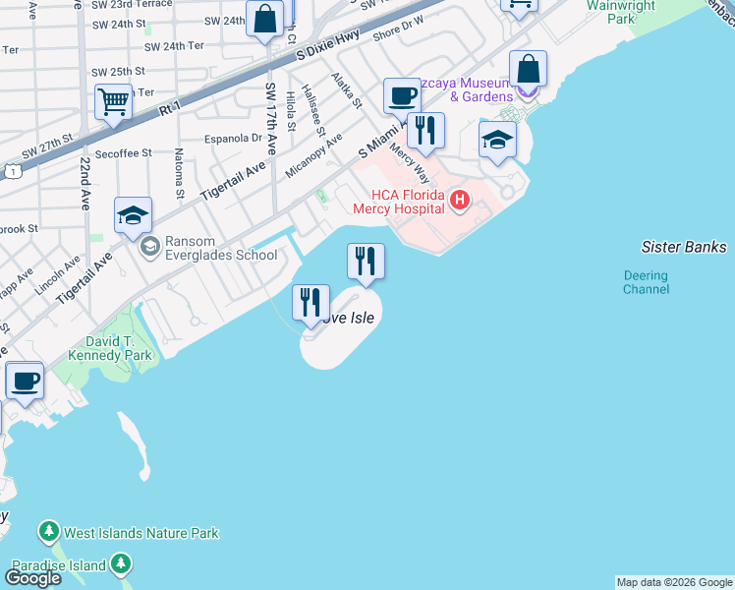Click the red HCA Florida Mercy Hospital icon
pyautogui.click(x=459, y=202)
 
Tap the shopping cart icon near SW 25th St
pyautogui.click(x=114, y=101)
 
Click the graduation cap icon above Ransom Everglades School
pyautogui.click(x=134, y=215)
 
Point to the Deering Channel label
pyautogui.click(x=646, y=282)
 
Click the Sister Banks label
pyautogui.click(x=683, y=247)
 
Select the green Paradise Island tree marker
pyautogui.click(x=121, y=564)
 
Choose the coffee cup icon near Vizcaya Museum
pyautogui.click(x=402, y=95)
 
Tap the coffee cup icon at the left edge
pyautogui.click(x=25, y=380)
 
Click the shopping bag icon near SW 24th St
pyautogui.click(x=264, y=19)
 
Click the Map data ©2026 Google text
pyautogui.click(x=674, y=582)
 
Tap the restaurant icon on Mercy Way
pyautogui.click(x=425, y=130)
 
